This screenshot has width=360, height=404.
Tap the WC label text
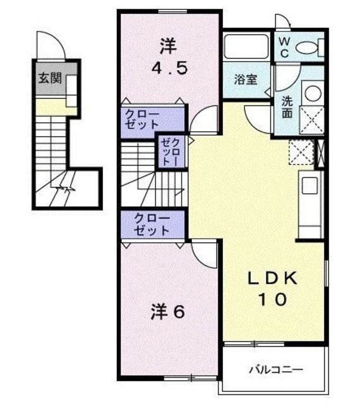(x=285, y=47)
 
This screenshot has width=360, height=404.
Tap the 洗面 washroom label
(x=286, y=106)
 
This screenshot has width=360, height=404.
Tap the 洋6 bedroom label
(x=167, y=311)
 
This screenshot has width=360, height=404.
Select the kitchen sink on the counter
(x=310, y=186)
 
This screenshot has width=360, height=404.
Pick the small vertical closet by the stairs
(x=171, y=152)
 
